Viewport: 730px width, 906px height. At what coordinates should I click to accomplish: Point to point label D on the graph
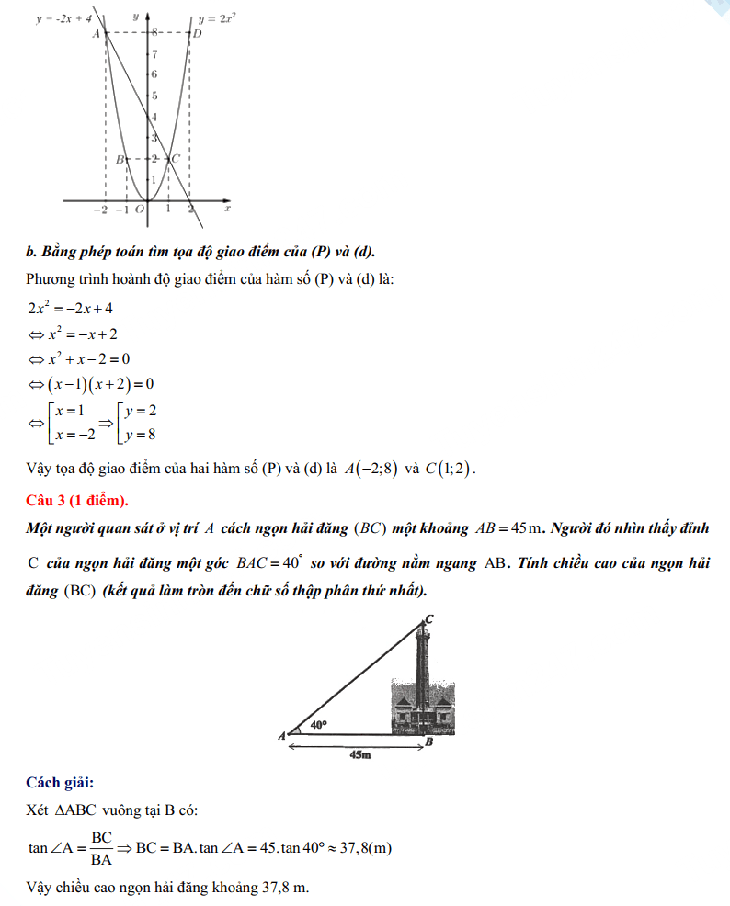[197, 34]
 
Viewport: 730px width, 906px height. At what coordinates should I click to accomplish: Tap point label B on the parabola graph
[119, 160]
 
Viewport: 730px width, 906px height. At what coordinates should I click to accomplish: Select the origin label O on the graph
[139, 210]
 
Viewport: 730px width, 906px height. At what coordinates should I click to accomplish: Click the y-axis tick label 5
[154, 96]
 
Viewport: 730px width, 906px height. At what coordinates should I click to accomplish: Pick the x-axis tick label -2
[100, 210]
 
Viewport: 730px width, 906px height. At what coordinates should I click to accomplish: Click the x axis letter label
[227, 210]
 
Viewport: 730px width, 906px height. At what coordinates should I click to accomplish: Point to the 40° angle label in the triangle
[318, 725]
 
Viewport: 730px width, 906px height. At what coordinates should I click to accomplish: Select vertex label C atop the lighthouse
[428, 619]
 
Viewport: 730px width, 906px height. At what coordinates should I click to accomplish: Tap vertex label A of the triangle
[281, 736]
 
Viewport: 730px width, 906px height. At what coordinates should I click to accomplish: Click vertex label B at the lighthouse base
[428, 742]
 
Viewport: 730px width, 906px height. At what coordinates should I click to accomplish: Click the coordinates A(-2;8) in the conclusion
[371, 469]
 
